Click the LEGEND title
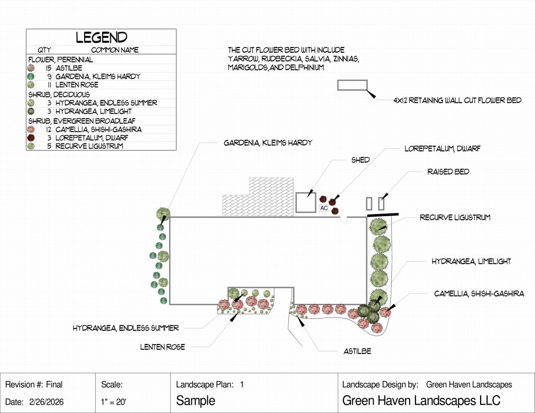click(102, 37)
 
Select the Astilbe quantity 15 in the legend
click(49, 68)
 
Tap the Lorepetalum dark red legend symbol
click(31, 137)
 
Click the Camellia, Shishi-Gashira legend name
click(98, 129)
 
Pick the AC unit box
click(324, 208)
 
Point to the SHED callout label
click(360, 160)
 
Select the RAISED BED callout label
click(448, 172)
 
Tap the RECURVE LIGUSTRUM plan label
click(455, 217)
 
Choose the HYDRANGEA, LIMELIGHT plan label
click(471, 261)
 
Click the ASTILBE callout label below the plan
click(357, 351)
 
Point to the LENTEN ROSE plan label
click(162, 347)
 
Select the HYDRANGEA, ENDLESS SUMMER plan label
click(125, 328)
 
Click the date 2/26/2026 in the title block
click(46, 402)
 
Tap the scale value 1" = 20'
click(113, 402)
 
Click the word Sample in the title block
click(195, 400)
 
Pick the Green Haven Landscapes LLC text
click(421, 400)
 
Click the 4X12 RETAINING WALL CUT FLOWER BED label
click(457, 100)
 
